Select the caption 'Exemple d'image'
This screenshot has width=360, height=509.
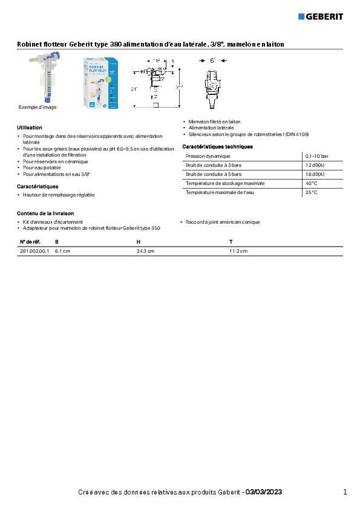(37, 107)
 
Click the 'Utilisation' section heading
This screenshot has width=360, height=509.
(29, 128)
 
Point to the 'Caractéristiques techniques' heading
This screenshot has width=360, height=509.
(217, 146)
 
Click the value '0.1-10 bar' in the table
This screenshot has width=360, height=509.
(316, 156)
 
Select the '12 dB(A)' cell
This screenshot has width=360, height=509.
(315, 165)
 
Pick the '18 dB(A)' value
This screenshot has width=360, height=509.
(315, 174)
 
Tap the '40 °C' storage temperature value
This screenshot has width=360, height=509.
(311, 183)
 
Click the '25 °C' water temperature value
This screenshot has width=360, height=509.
(311, 192)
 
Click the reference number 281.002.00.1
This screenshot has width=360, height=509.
(34, 251)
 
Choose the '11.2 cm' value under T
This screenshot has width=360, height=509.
(238, 251)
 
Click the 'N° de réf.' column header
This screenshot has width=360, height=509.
(30, 242)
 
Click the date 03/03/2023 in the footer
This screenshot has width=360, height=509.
(264, 492)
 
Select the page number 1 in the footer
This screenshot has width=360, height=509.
(345, 492)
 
